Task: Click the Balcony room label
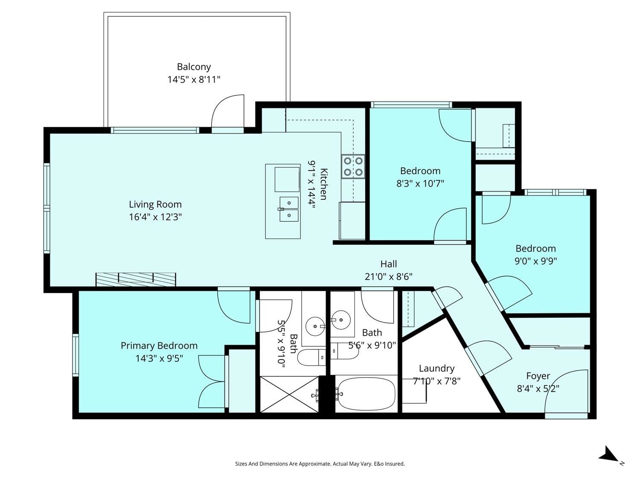194,67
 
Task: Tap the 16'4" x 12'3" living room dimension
155,217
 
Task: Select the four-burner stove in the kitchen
353,166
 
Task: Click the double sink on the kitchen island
289,209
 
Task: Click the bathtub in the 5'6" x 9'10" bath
366,393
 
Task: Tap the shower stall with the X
289,394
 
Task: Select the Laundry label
436,368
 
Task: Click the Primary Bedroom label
159,346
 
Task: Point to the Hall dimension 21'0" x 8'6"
389,276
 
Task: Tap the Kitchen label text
323,184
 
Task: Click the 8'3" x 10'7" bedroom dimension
420,183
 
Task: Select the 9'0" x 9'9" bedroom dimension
535,261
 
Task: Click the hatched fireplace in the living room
136,279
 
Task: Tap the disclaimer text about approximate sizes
320,464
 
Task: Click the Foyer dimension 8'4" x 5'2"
538,389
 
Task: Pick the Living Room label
155,204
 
